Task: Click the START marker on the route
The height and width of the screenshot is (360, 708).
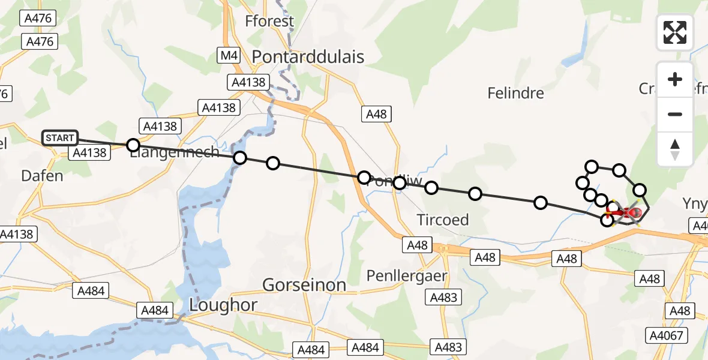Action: [x=60, y=138]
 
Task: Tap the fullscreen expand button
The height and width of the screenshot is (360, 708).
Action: [x=675, y=32]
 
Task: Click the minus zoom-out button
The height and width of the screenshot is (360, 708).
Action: [x=675, y=114]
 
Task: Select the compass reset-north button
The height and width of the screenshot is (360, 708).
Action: [x=675, y=149]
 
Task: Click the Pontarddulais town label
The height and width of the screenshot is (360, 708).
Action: [x=308, y=56]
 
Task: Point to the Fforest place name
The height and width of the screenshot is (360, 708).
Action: [x=269, y=22]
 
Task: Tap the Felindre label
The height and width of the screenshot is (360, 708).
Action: [x=515, y=93]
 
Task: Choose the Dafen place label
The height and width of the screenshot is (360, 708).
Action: [x=42, y=176]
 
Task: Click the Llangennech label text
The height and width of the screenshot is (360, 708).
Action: [x=175, y=152]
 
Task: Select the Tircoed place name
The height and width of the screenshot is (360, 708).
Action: [x=443, y=220]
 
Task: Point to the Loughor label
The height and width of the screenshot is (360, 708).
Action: [x=223, y=305]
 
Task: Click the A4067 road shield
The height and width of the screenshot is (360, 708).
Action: [x=667, y=335]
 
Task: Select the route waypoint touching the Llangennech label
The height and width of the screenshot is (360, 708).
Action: [x=133, y=145]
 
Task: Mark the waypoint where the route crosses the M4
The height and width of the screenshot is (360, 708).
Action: [x=364, y=178]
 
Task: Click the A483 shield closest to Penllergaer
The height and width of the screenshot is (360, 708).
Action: [x=443, y=297]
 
